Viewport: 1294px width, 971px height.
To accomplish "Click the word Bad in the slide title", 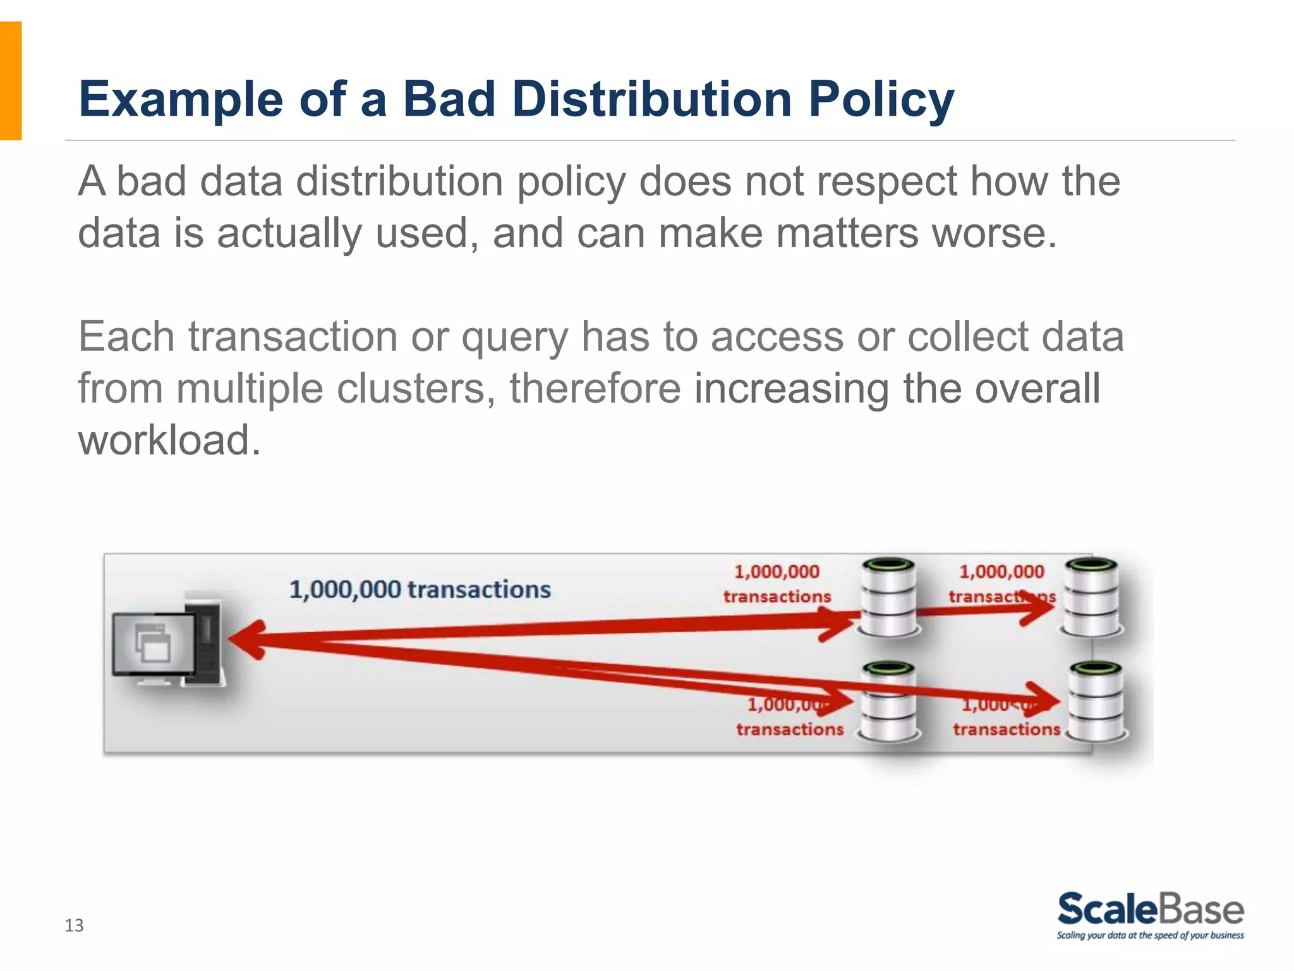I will [449, 100].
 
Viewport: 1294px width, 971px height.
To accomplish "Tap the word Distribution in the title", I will [651, 100].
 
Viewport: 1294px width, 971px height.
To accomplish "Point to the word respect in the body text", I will [886, 182].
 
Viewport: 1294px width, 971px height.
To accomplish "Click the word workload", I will [169, 440].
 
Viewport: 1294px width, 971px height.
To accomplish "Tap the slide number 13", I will [74, 925].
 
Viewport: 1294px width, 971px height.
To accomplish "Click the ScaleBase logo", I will [1150, 909].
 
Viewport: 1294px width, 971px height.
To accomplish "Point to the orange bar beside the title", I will [11, 80].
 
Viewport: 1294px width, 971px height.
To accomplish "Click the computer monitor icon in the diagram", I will [154, 645].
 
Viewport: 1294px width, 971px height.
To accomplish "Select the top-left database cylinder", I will [889, 597].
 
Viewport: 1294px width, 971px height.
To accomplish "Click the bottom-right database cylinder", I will [1097, 702].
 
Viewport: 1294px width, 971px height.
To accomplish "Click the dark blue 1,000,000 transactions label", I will [420, 590].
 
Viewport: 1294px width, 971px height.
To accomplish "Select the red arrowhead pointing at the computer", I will [248, 640].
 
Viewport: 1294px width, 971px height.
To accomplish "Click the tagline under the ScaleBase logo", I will [1150, 936].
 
